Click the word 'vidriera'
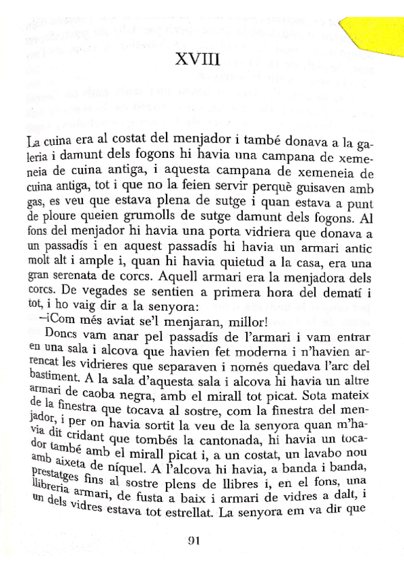[x=257, y=233]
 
